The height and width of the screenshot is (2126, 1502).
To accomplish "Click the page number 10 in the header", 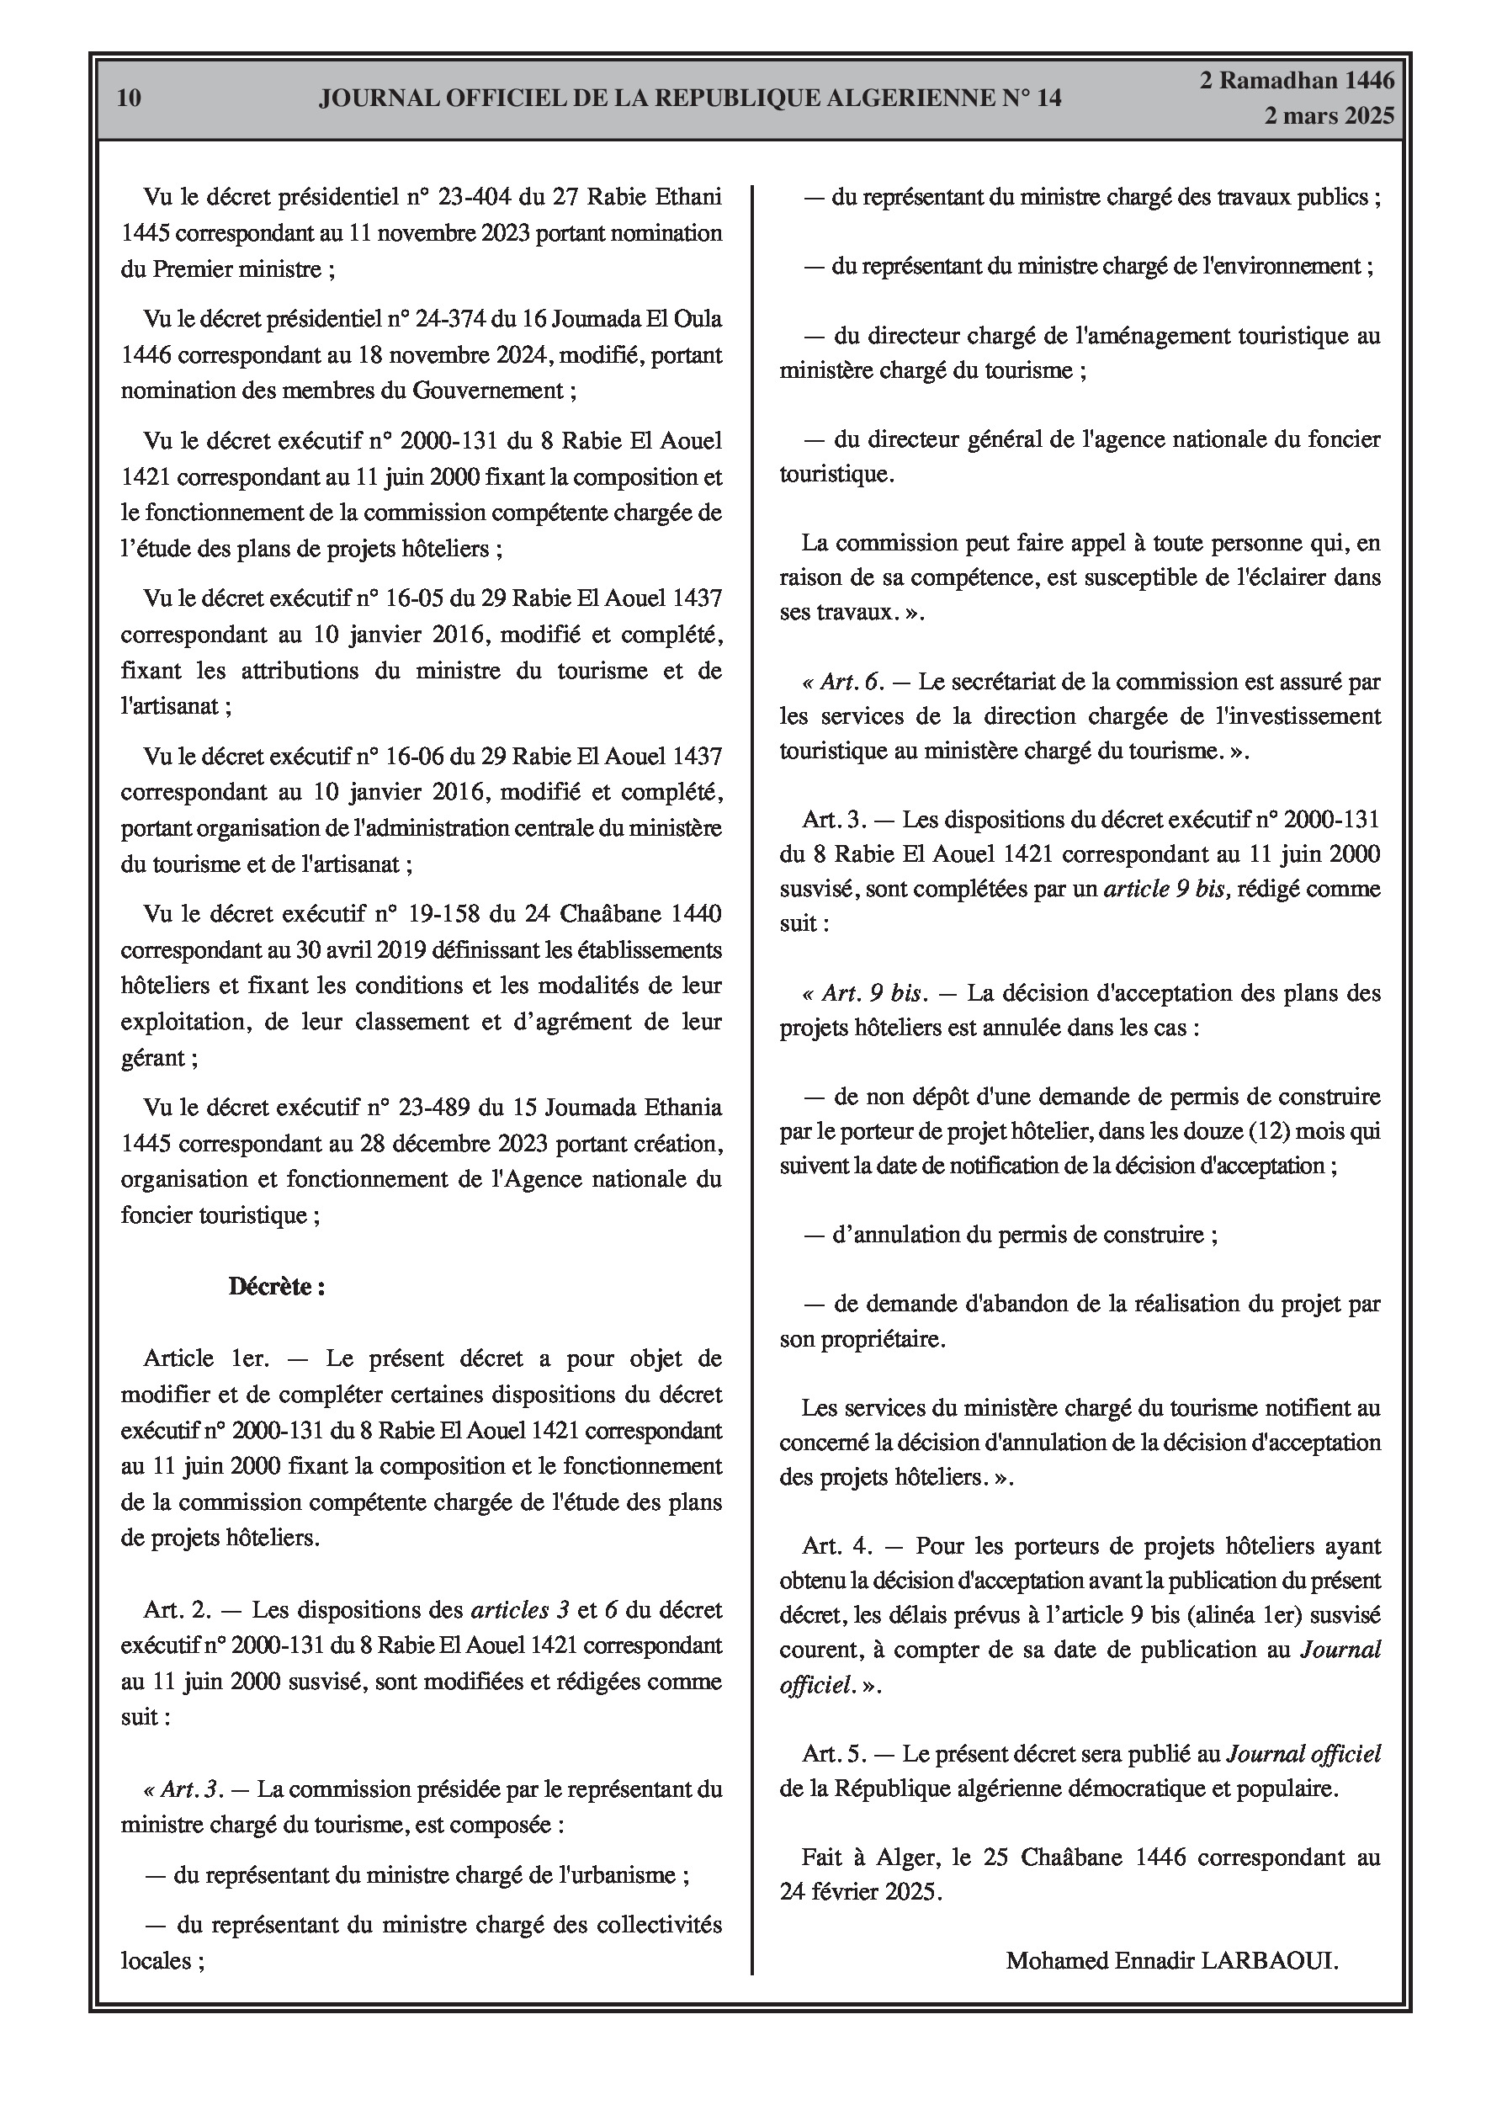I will (x=130, y=98).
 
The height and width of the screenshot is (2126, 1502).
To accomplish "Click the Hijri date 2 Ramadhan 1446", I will (x=1297, y=81).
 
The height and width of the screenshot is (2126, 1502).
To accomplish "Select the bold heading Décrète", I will (x=276, y=1286).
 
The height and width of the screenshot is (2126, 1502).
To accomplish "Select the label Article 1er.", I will (x=205, y=1358).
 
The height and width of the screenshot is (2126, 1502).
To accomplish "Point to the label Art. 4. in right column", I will (x=838, y=1545).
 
